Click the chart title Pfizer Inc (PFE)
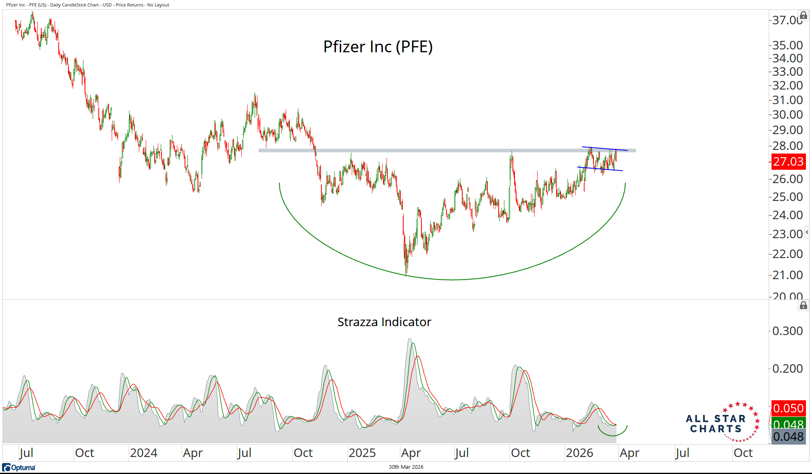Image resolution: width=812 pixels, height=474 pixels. (x=378, y=47)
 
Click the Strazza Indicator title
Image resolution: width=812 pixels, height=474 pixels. (x=384, y=322)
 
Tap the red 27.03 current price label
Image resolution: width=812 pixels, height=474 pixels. (x=788, y=162)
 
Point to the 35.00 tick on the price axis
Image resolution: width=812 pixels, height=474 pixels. (x=787, y=45)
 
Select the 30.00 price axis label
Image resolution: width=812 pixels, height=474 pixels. (x=787, y=115)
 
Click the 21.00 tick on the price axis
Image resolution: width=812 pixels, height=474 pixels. (x=787, y=275)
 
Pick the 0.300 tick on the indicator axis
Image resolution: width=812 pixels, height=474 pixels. (x=787, y=331)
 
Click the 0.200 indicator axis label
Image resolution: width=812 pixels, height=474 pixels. (x=787, y=369)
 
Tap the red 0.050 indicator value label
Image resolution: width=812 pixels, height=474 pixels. (x=788, y=408)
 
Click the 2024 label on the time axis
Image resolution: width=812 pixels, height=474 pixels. (x=144, y=453)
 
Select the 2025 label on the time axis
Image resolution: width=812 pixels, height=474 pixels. (x=362, y=453)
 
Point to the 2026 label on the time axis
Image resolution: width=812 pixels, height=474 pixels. (x=579, y=453)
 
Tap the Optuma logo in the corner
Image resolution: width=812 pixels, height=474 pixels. (x=19, y=468)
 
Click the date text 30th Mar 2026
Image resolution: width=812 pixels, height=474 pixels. (x=406, y=467)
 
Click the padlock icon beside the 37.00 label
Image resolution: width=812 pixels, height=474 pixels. (x=803, y=16)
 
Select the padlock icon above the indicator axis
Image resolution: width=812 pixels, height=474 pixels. (x=803, y=305)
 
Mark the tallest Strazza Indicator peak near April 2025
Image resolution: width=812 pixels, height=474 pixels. (x=410, y=339)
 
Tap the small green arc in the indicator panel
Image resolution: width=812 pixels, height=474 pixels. (x=613, y=434)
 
